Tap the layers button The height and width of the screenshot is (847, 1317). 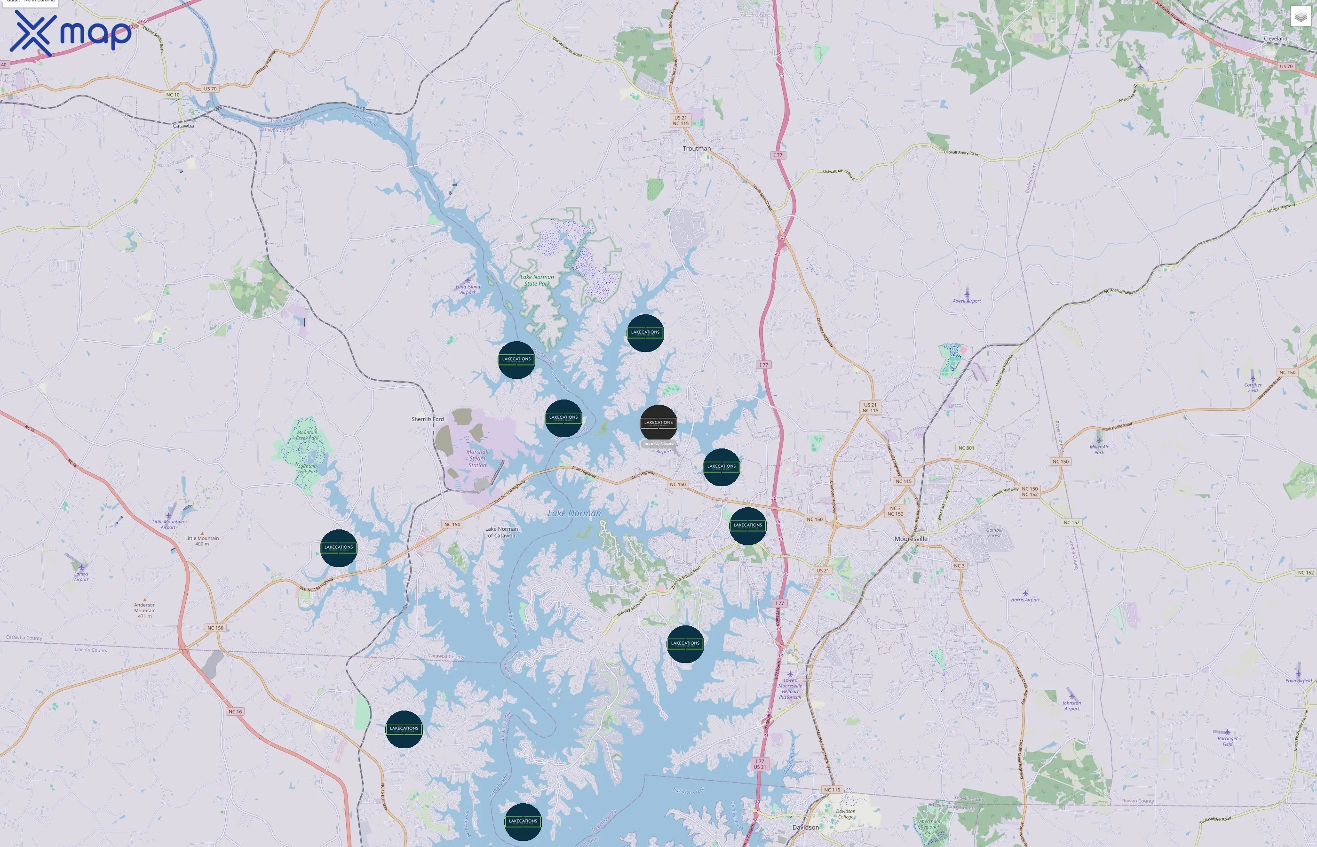1300,16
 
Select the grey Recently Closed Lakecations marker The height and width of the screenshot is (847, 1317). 658,423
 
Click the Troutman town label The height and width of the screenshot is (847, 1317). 697,149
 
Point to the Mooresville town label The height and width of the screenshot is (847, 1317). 911,539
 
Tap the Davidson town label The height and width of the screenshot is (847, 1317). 805,827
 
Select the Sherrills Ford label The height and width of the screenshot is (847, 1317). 427,419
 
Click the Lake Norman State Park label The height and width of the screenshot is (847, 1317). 537,280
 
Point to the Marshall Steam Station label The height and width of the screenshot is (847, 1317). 477,459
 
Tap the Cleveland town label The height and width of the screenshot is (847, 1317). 1275,39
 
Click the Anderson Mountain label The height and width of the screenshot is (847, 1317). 144,610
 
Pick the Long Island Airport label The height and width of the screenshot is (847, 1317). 468,289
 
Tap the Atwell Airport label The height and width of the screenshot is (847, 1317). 966,301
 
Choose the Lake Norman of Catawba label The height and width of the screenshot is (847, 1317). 501,532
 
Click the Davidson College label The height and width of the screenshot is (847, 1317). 845,814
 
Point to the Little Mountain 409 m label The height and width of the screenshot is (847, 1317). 202,541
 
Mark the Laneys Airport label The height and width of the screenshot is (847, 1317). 81,576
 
